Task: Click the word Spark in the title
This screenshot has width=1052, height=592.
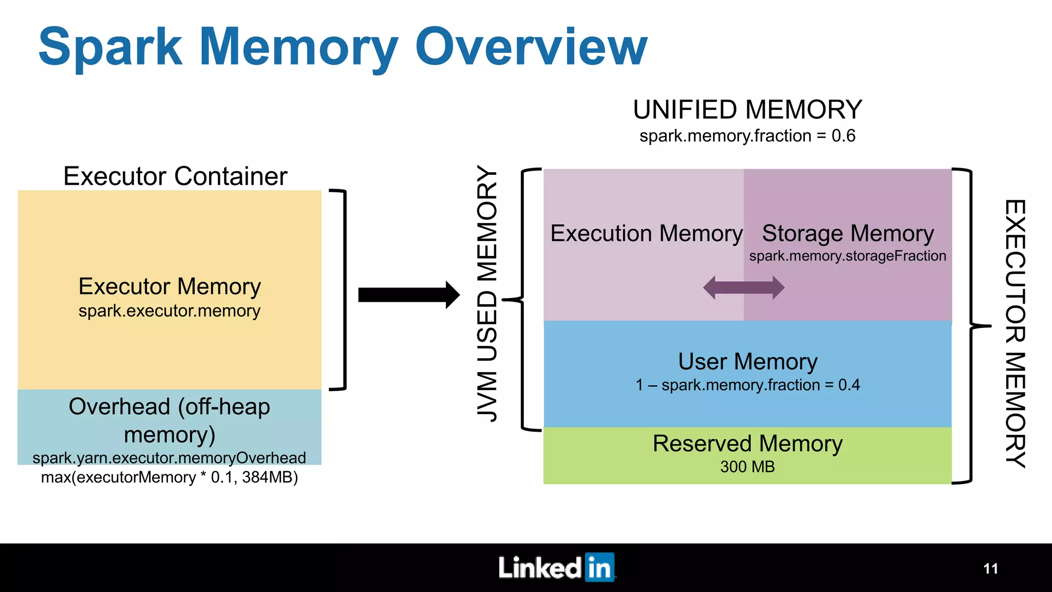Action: (x=110, y=48)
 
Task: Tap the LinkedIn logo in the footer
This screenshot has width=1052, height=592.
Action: (x=556, y=568)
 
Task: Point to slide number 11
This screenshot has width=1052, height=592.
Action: (x=990, y=569)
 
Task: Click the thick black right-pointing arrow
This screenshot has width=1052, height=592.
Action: (x=409, y=295)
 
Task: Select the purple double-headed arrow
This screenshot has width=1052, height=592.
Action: (x=743, y=288)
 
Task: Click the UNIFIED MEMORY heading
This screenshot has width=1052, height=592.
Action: (x=747, y=110)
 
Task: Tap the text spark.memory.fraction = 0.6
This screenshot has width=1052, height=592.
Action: (x=747, y=136)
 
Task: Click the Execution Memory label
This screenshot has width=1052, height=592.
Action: (x=646, y=234)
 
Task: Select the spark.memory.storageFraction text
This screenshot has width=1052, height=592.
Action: (x=848, y=256)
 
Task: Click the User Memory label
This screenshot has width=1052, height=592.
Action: (x=747, y=362)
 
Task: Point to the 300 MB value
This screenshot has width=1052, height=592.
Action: (x=747, y=467)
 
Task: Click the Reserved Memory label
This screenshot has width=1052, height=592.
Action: (x=747, y=443)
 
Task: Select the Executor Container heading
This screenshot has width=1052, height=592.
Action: (x=175, y=176)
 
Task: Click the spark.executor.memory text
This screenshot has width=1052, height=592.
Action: (x=170, y=311)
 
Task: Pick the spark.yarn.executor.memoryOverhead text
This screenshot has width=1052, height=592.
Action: (x=170, y=458)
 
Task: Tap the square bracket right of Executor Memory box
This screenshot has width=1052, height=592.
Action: (x=343, y=290)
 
